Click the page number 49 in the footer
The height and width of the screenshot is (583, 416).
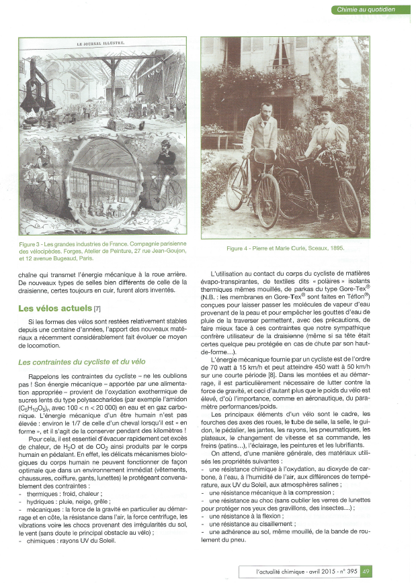pyautogui.click(x=366, y=572)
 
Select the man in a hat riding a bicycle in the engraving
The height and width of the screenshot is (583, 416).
pyautogui.click(x=165, y=161)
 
